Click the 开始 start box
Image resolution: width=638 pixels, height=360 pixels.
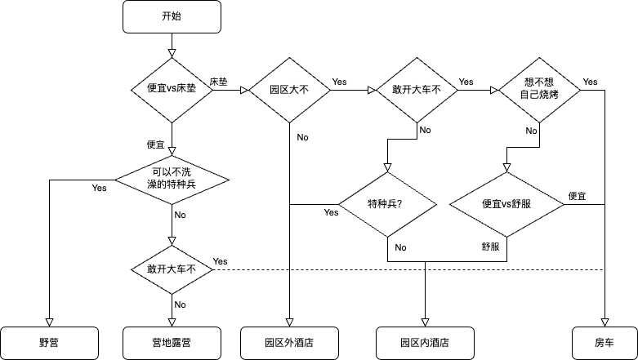pyautogui.click(x=172, y=16)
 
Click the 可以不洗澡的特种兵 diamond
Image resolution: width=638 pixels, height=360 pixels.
pyautogui.click(x=172, y=179)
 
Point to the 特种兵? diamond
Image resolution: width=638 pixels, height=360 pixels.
pyautogui.click(x=387, y=204)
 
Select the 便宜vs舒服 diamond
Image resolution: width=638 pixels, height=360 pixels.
pyautogui.click(x=506, y=204)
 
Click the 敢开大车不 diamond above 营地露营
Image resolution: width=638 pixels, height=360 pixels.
pyautogui.click(x=172, y=269)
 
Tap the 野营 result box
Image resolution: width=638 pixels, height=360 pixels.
pyautogui.click(x=49, y=343)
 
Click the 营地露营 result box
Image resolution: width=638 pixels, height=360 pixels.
pyautogui.click(x=172, y=343)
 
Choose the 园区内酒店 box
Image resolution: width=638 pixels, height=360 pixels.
pyautogui.click(x=425, y=343)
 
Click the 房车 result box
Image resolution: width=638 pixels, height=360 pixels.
pyautogui.click(x=605, y=343)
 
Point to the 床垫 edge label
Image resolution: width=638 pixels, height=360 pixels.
pyautogui.click(x=218, y=82)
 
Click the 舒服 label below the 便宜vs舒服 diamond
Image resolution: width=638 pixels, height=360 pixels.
pyautogui.click(x=490, y=246)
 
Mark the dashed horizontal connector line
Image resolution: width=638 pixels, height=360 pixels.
pyautogui.click(x=408, y=269)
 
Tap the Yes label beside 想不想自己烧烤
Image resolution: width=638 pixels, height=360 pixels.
pyautogui.click(x=590, y=82)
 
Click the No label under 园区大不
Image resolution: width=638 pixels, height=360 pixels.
pyautogui.click(x=302, y=137)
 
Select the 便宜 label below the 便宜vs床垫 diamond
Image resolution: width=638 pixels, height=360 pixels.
pyautogui.click(x=156, y=144)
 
